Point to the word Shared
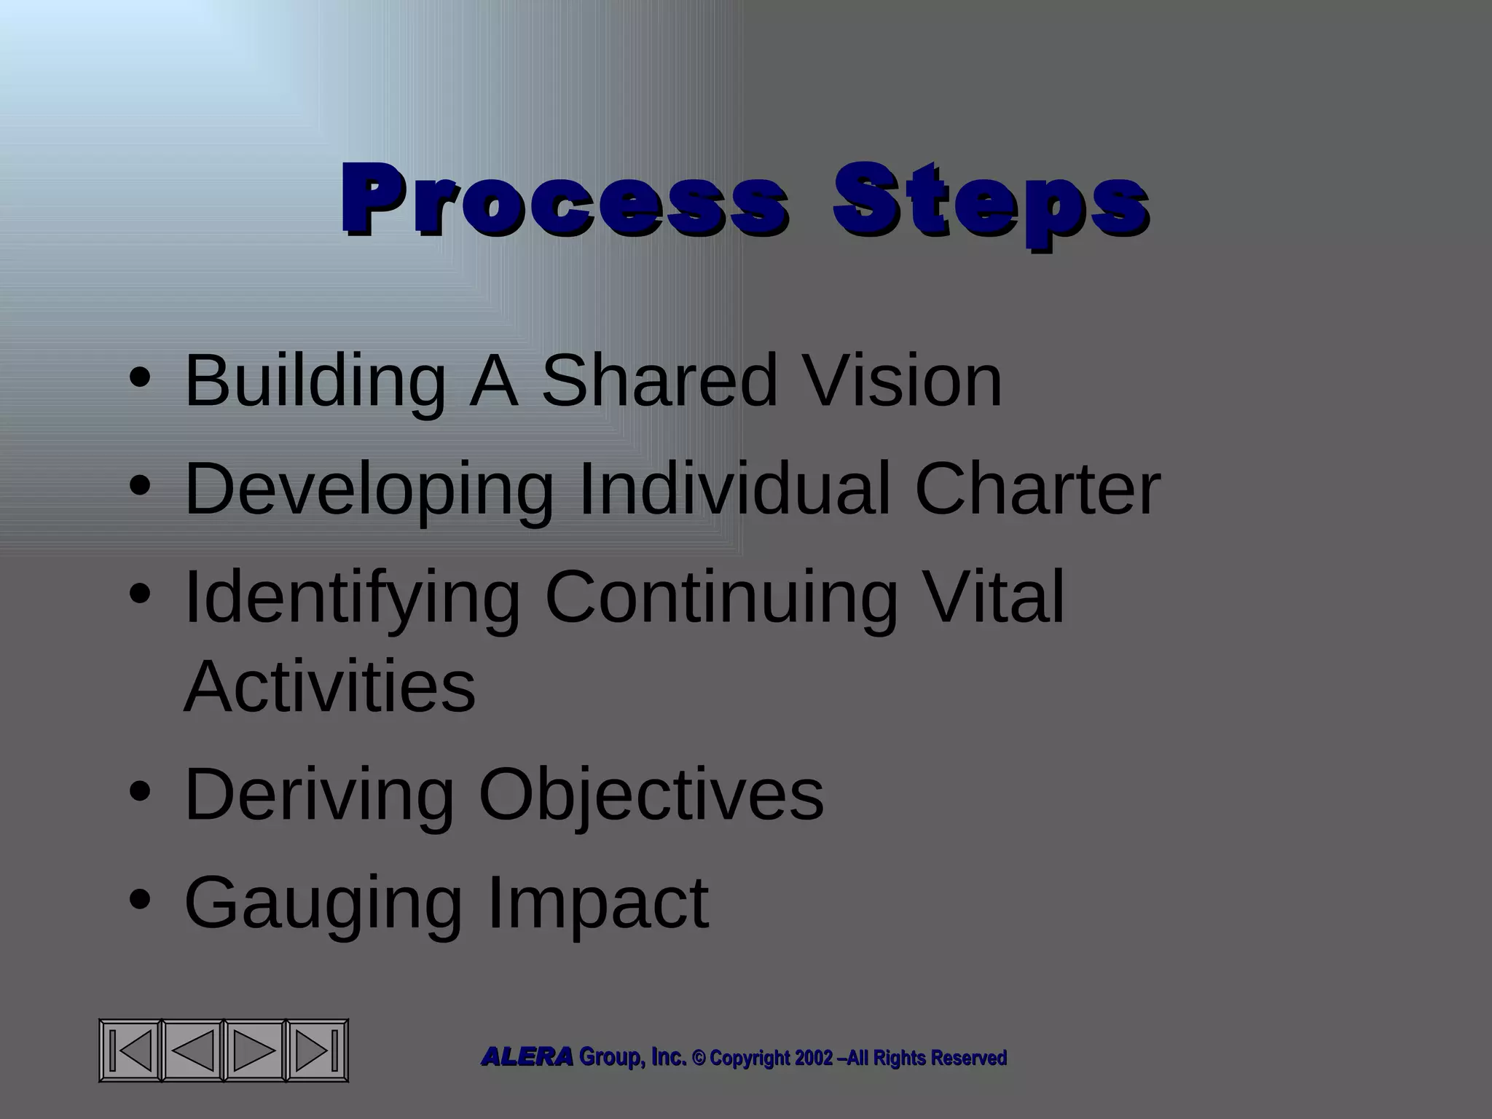[660, 381]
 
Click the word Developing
[369, 490]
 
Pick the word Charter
[1037, 490]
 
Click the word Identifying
[352, 599]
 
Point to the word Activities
[329, 687]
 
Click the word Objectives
[651, 795]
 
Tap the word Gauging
[323, 904]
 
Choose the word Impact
[597, 904]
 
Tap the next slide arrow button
[254, 1050]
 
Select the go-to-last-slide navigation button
[316, 1050]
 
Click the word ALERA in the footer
[527, 1057]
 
